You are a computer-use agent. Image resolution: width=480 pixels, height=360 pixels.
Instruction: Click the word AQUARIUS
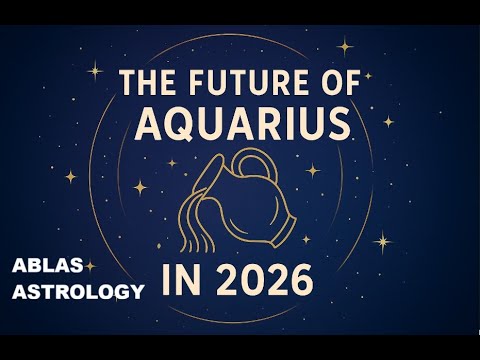pyautogui.click(x=242, y=124)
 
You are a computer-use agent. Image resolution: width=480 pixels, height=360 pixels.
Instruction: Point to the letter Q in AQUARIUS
pyautogui.click(x=184, y=125)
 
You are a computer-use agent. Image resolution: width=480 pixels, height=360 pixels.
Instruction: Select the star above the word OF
pyautogui.click(x=346, y=46)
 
